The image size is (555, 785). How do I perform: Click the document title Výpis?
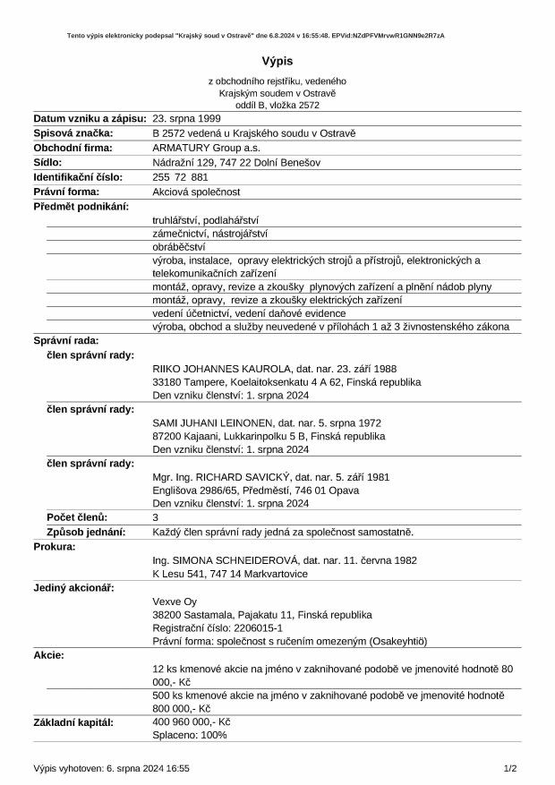coord(277,61)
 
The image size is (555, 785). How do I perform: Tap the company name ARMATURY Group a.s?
coord(205,148)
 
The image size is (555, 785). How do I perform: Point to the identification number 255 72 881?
coord(181,177)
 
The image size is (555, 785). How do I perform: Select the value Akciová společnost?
coord(197,192)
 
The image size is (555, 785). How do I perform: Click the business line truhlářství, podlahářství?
coord(205,219)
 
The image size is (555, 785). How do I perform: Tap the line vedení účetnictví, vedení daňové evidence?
coord(249,313)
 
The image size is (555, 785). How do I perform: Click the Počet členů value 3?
coord(156,517)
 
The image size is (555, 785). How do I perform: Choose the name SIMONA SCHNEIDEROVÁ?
coord(235,559)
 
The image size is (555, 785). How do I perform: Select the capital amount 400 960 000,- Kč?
coord(192,721)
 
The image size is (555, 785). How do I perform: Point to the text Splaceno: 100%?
coord(190,735)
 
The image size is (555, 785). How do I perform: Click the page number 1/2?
coord(510,768)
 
